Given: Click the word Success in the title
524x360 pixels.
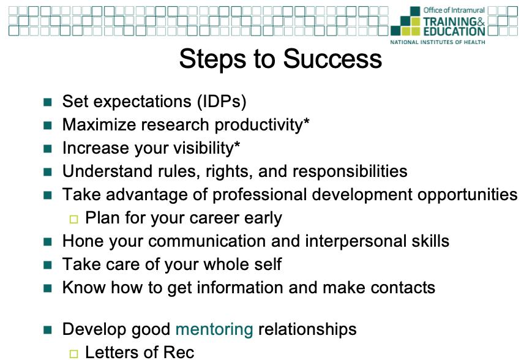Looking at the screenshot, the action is [x=332, y=59].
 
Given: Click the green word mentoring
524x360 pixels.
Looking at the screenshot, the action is [x=214, y=329].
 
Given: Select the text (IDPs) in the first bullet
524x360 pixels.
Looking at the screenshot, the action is [x=222, y=102].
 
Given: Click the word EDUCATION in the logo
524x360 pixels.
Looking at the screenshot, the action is [x=454, y=31].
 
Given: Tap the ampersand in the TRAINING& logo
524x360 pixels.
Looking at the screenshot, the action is [x=481, y=21].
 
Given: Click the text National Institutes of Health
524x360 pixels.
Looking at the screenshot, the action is [x=438, y=42].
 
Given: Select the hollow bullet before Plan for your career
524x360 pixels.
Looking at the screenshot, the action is [x=74, y=219].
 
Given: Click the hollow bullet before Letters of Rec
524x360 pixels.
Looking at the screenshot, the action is [x=74, y=354].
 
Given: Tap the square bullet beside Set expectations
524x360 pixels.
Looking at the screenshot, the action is [x=48, y=102].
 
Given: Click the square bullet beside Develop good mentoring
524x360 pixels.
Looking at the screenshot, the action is [x=48, y=330].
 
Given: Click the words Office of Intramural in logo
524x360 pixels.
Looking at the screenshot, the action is [x=454, y=10].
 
